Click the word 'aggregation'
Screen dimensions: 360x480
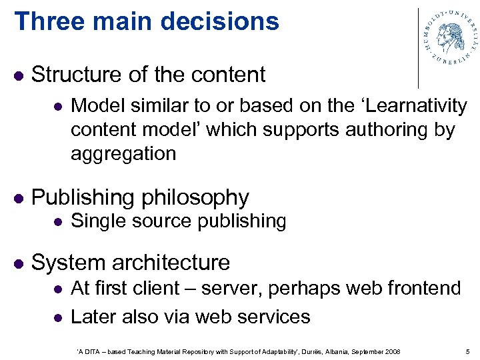click(123, 153)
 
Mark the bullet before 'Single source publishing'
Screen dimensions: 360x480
click(58, 221)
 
